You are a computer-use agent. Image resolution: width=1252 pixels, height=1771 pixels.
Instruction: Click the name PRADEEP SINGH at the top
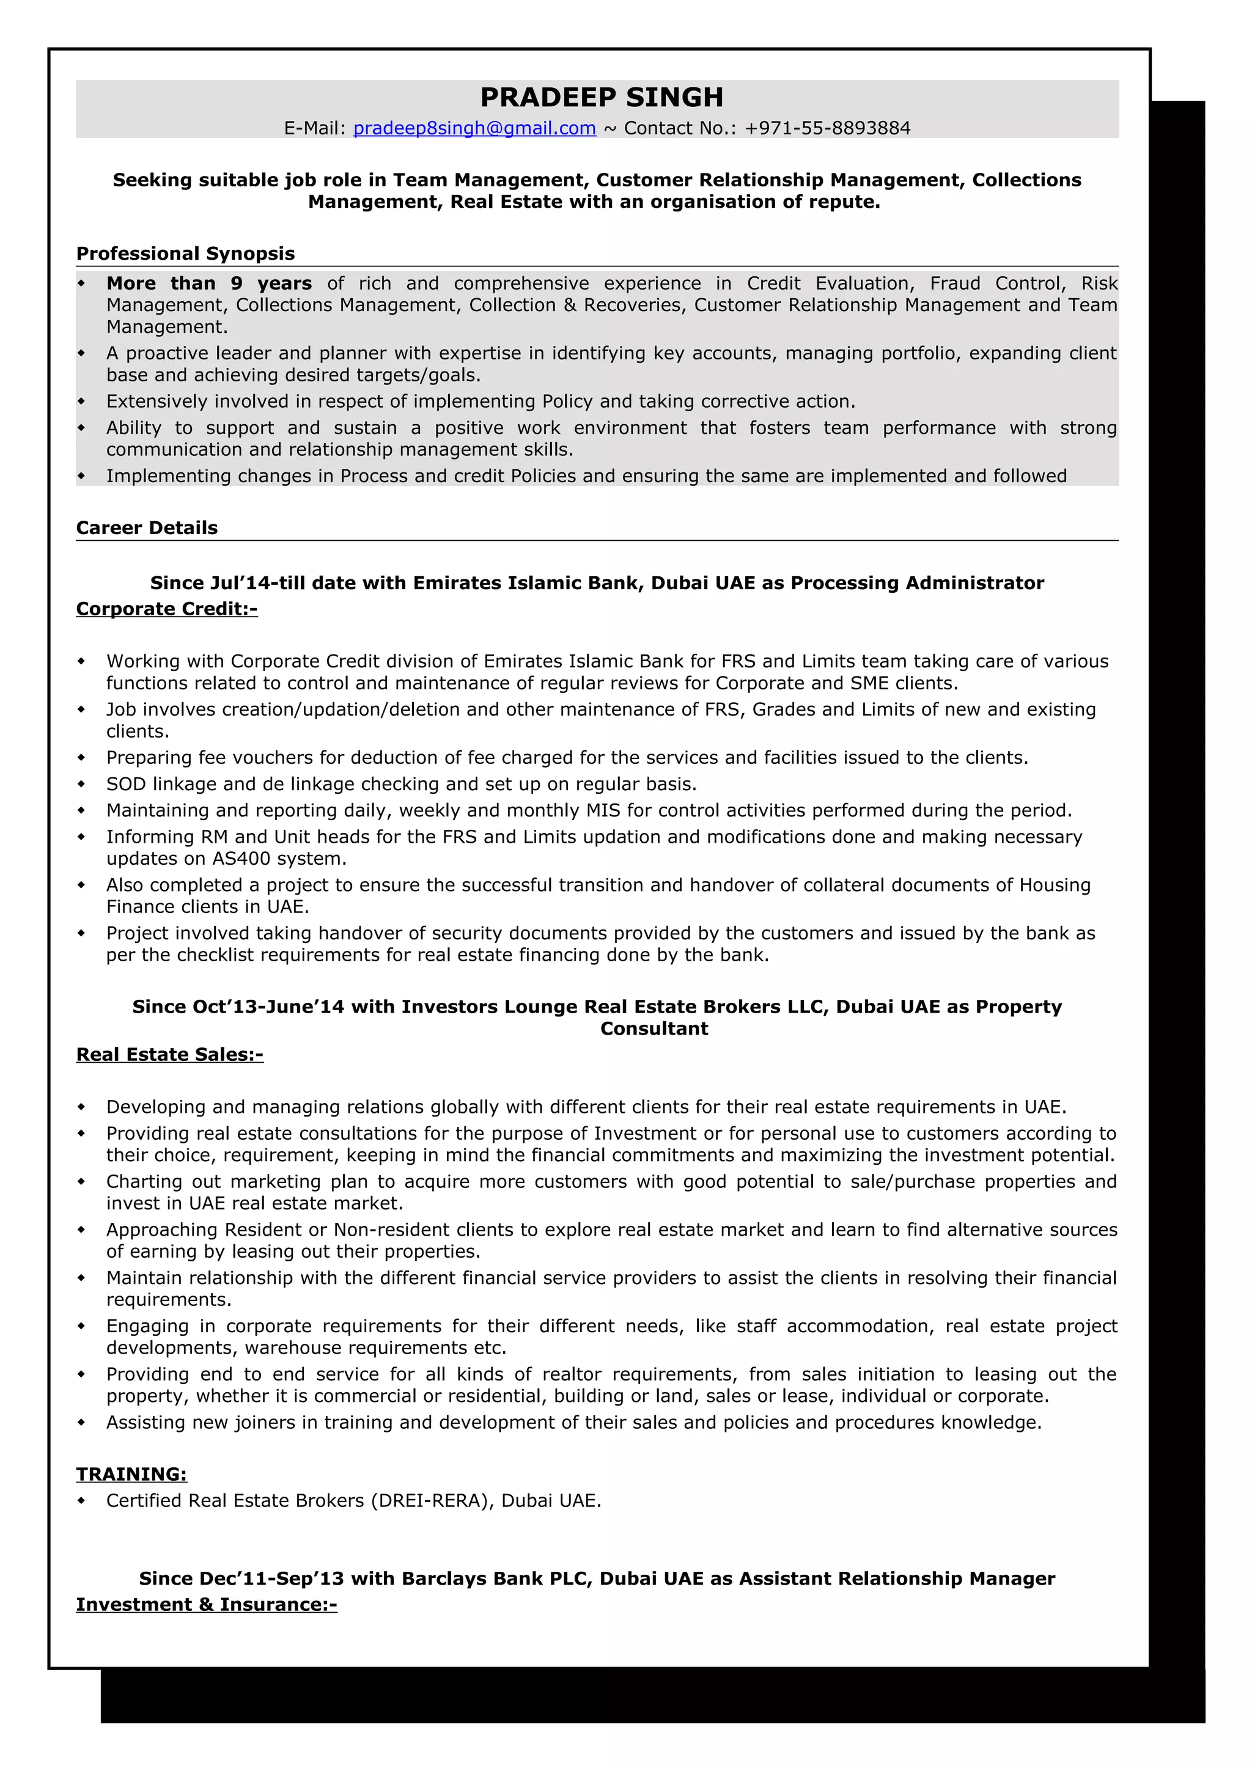coord(601,97)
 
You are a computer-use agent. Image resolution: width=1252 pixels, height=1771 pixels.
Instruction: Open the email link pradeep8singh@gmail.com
coord(474,128)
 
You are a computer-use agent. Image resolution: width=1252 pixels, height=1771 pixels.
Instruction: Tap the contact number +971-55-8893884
coord(827,128)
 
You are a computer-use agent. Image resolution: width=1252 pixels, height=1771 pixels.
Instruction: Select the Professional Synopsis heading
coord(185,254)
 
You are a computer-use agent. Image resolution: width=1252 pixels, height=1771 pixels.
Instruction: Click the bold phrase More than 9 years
coord(208,283)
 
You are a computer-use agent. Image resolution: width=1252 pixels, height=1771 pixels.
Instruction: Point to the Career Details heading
coord(147,527)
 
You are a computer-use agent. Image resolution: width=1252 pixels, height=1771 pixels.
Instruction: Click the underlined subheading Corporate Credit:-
coord(167,609)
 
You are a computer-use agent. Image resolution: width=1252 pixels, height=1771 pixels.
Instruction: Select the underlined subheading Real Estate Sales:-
coord(170,1054)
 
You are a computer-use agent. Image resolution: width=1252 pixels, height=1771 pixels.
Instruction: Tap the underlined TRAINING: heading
coord(131,1474)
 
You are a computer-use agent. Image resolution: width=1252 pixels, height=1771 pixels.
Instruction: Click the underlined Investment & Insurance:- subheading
coord(206,1604)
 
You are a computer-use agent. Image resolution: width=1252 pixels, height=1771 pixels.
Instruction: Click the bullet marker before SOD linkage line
coord(81,783)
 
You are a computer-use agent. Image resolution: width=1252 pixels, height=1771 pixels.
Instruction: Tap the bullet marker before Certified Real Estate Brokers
coord(81,1500)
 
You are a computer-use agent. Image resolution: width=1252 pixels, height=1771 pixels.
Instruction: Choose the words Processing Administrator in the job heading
coord(916,582)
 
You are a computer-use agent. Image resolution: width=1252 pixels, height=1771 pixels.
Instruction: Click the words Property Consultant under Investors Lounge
coord(654,1028)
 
